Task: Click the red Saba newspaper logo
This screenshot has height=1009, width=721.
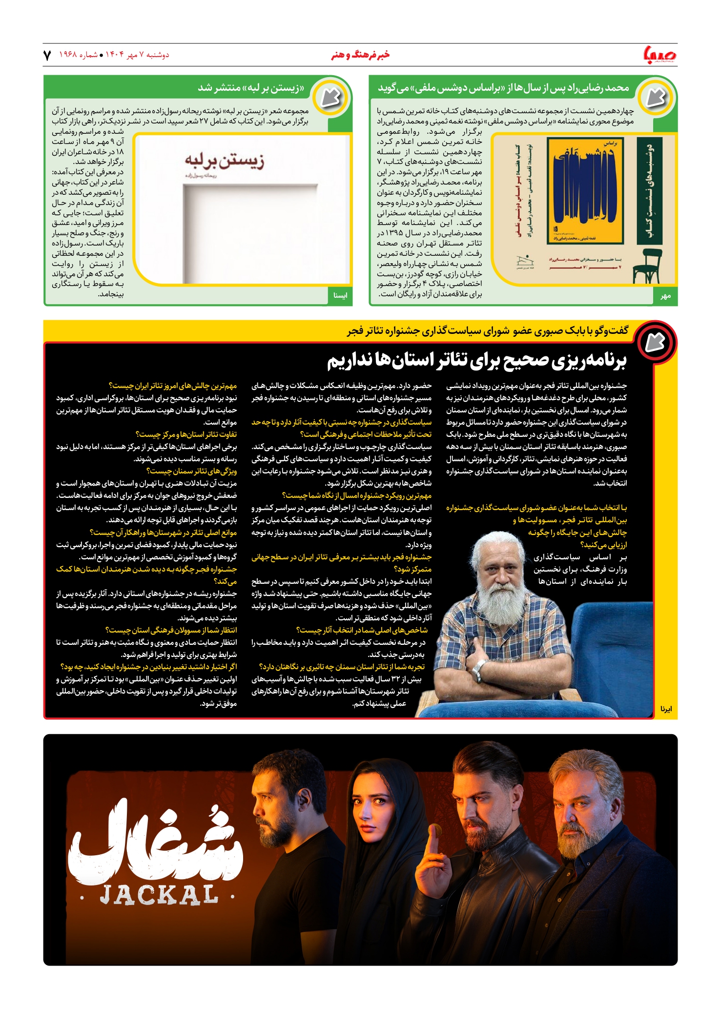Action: tap(660, 55)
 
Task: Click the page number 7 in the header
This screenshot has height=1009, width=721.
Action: tap(47, 55)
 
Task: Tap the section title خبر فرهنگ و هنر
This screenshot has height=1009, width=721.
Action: tap(360, 55)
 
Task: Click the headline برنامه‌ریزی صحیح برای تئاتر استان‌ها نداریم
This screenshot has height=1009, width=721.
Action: tap(476, 361)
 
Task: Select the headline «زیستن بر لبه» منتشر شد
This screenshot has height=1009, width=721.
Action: tap(251, 88)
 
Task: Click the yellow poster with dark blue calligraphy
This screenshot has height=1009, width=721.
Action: tap(585, 190)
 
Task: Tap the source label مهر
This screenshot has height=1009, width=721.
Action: tap(665, 296)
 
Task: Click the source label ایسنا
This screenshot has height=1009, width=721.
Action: tap(340, 295)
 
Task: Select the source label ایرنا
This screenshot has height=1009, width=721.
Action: tap(666, 708)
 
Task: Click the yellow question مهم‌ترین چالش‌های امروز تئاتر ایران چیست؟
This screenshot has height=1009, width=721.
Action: tap(173, 386)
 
